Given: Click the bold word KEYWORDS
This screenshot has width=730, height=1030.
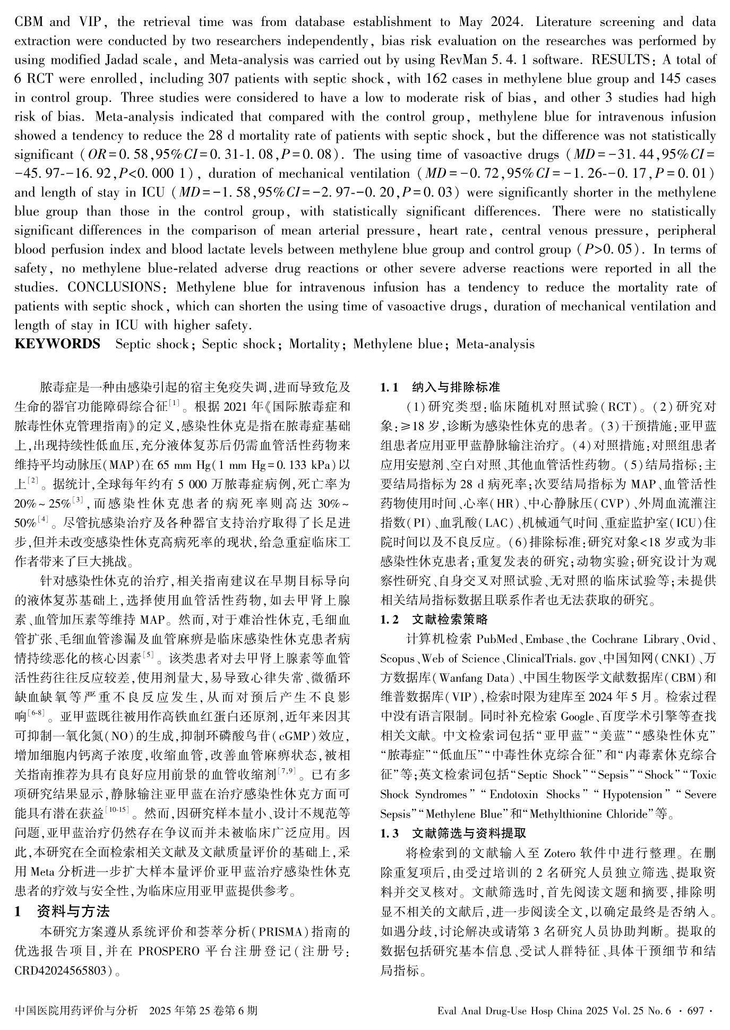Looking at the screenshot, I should pos(57,344).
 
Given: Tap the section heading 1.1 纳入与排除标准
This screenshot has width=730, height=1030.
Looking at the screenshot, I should pos(440,388).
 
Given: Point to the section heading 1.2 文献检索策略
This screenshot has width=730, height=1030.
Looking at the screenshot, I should pos(434,619).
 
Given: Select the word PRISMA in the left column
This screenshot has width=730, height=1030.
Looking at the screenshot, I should pos(280,932).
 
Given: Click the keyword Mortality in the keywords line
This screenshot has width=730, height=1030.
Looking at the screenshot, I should pos(314,344).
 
